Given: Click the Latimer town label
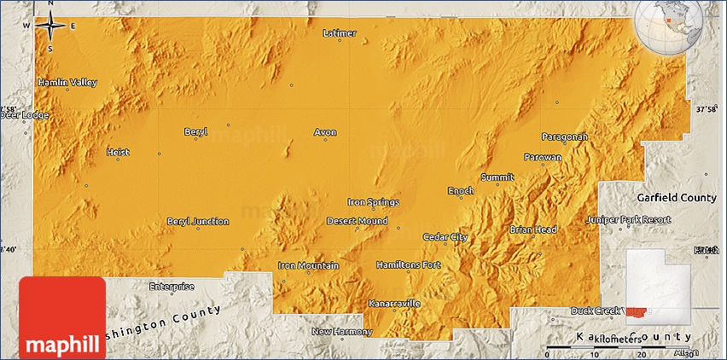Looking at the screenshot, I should tap(340, 33).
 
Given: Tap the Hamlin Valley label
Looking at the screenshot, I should tap(67, 83).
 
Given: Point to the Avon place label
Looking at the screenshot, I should tap(325, 132).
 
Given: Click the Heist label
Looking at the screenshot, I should tap(117, 153).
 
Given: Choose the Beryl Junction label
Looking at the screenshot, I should tap(197, 222).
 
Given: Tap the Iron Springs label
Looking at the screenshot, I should tap(373, 202).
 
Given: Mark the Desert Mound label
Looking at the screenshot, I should tap(357, 222).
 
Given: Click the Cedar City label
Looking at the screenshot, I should tap(445, 237).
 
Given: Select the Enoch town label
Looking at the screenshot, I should tap(461, 191).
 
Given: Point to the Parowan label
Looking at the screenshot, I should tap(543, 158).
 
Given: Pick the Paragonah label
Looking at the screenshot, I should tap(564, 136).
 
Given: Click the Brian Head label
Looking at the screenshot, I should tap(533, 229).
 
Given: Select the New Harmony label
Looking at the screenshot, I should tap(338, 331).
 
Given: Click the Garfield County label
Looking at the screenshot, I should tap(675, 197).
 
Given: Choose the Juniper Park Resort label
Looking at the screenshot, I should tap(629, 220).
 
